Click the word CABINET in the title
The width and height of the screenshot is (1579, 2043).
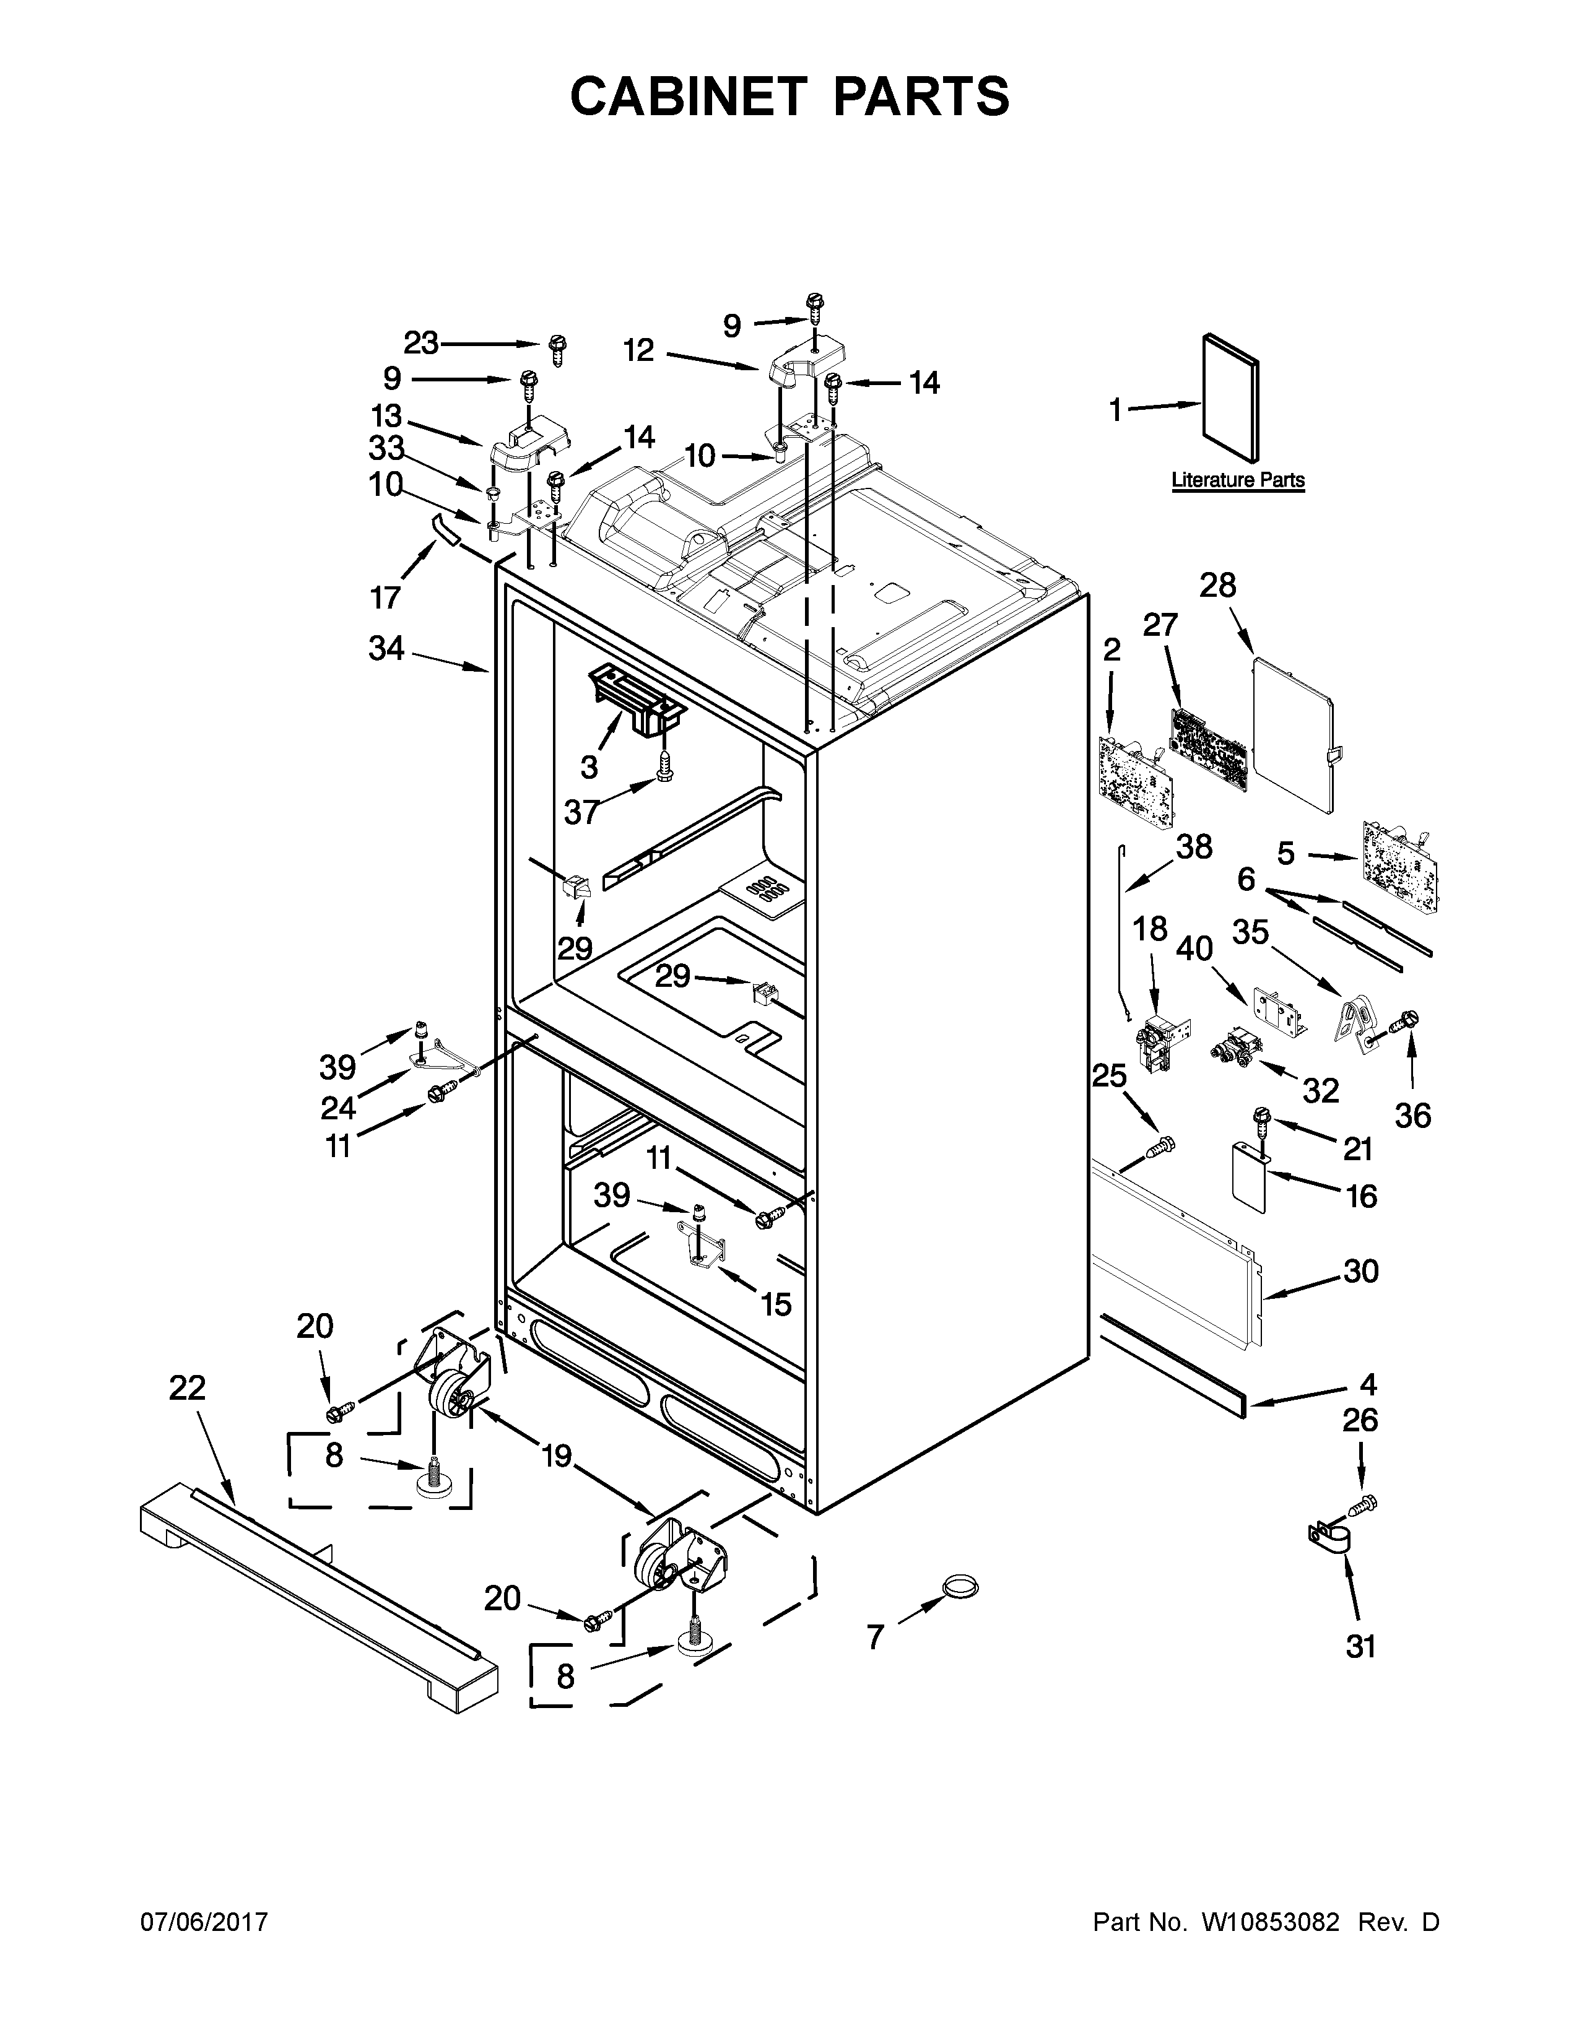pyautogui.click(x=687, y=97)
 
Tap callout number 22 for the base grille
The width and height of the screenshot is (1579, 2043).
pyautogui.click(x=187, y=1387)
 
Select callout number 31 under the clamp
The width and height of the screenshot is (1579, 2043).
pyautogui.click(x=1360, y=1672)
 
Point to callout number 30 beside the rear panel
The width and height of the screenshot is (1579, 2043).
pyautogui.click(x=1360, y=1271)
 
